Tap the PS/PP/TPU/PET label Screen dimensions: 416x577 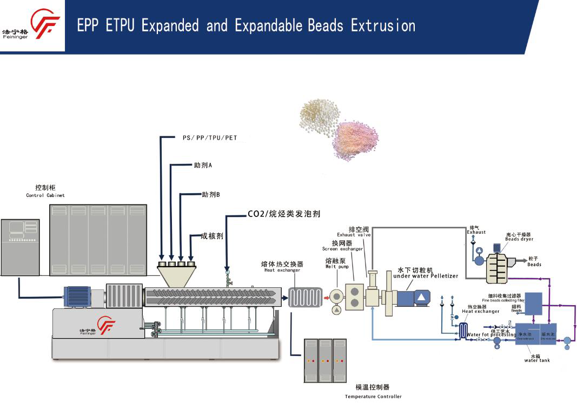click(210, 138)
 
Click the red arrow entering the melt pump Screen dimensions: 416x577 click(326, 296)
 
